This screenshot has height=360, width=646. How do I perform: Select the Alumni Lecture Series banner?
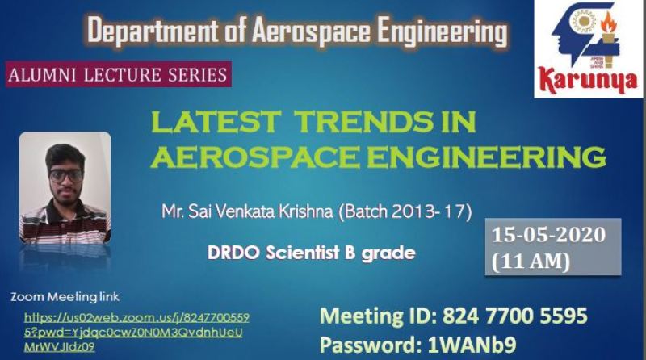tap(116, 77)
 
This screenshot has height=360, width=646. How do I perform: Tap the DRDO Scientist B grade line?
tap(312, 253)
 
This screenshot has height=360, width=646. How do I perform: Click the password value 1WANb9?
tap(465, 345)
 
